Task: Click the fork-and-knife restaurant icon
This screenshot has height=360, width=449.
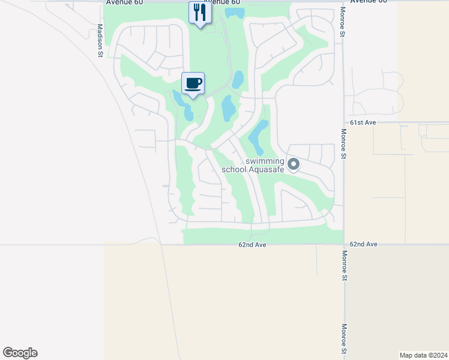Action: tap(200, 12)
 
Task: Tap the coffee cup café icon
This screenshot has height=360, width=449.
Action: tap(193, 83)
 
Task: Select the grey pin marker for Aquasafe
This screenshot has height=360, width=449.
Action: tap(294, 164)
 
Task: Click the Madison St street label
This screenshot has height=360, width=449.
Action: tap(100, 41)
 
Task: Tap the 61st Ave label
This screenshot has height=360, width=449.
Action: tap(363, 122)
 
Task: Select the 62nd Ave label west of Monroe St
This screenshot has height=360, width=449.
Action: tap(252, 245)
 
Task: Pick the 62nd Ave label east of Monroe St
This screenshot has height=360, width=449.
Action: tap(364, 244)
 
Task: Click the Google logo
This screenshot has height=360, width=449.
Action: tap(20, 353)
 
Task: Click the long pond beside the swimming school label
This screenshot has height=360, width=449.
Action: tap(258, 135)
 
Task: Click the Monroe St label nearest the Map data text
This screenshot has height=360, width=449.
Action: tap(345, 338)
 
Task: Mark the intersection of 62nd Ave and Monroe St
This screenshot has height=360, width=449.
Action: tap(344, 244)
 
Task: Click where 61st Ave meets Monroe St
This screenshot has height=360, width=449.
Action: tap(344, 122)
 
